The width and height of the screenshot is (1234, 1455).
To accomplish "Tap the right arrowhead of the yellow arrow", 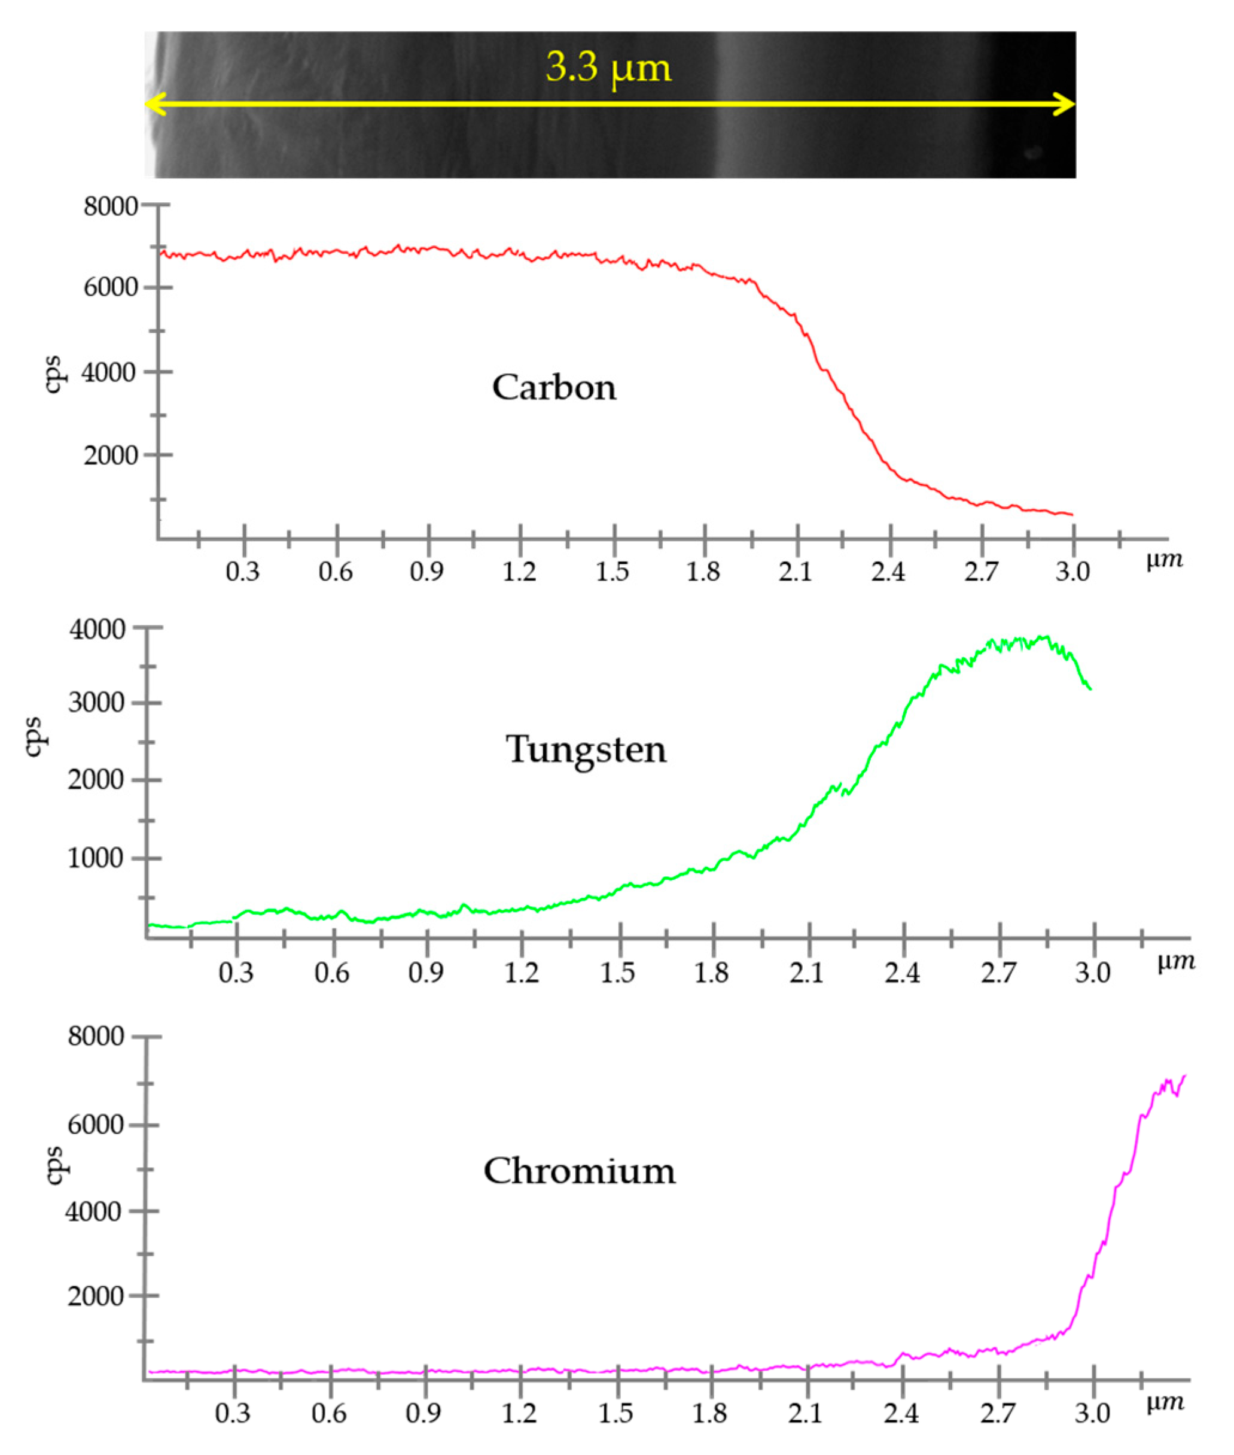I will (1066, 105).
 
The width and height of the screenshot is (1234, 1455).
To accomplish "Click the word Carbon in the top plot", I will (554, 388).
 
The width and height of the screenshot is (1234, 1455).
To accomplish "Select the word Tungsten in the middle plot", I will (586, 749).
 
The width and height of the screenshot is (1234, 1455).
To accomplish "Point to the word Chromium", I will (579, 1171).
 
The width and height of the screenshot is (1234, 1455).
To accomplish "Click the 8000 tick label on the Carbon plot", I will (111, 206).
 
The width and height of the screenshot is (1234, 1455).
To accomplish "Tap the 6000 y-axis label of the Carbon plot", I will (111, 288).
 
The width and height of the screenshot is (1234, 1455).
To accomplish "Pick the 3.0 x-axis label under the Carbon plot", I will (1072, 572).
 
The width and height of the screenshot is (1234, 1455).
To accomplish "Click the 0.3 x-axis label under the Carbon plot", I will (243, 572).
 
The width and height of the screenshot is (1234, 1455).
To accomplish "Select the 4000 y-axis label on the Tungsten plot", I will (97, 630).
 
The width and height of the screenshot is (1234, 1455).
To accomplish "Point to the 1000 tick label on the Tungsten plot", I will (95, 858).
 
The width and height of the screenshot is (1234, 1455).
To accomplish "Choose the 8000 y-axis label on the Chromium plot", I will (96, 1037).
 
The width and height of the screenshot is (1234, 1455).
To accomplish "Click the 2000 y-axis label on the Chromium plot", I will (96, 1296).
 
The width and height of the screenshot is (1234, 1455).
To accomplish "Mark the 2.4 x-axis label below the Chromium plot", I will (901, 1414).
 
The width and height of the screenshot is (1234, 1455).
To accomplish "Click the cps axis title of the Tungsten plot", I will (34, 737).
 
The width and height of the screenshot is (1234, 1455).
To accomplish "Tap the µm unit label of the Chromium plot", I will (1165, 1402).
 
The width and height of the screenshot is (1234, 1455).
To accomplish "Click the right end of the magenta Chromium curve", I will (1184, 1076).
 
